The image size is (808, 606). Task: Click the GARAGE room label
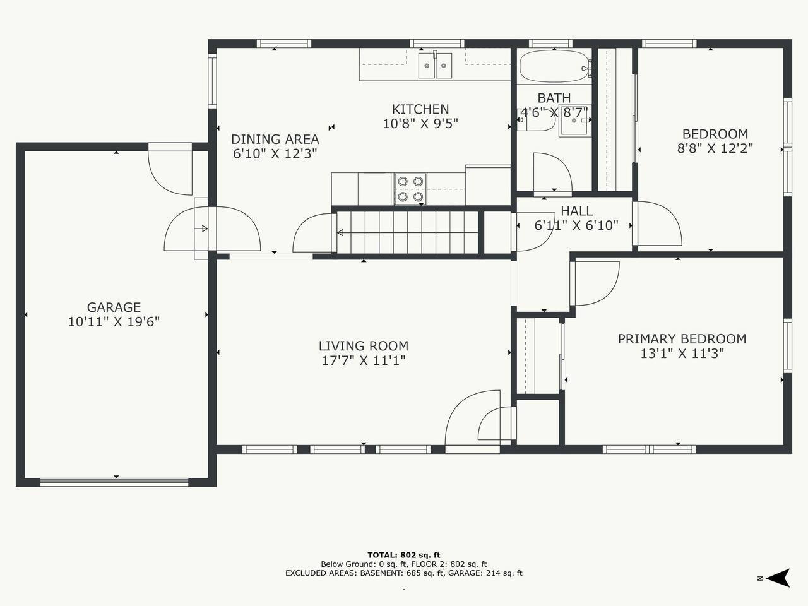click(114, 307)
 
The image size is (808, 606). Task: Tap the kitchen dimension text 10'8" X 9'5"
click(420, 124)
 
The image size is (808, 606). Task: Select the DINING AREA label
click(275, 140)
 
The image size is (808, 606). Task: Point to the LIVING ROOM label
click(364, 346)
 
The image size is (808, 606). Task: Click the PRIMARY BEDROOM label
click(682, 339)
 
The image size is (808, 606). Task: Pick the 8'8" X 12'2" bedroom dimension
click(715, 148)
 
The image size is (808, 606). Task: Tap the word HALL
click(577, 211)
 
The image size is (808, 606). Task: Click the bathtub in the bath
click(554, 66)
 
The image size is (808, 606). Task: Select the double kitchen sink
click(435, 65)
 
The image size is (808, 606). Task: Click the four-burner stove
click(410, 189)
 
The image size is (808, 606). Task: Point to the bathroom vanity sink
click(574, 121)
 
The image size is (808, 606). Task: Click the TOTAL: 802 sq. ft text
click(404, 555)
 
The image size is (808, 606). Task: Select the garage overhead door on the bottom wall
click(114, 482)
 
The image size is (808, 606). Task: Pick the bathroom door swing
click(552, 172)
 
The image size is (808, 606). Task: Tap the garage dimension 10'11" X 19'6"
click(114, 322)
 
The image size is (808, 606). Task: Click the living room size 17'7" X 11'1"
click(364, 360)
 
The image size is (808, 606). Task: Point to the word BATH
click(554, 98)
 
